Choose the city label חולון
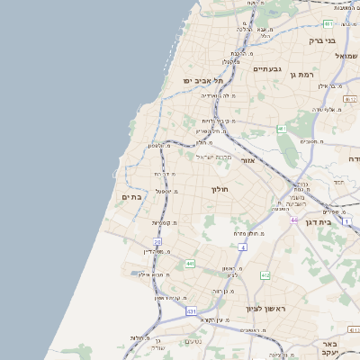click(x=220, y=190)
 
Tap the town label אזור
click(x=249, y=160)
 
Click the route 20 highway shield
click(x=157, y=242)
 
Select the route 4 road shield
click(x=242, y=247)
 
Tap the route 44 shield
click(x=293, y=220)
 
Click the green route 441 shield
click(x=190, y=263)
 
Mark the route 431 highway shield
click(x=191, y=310)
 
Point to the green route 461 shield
click(x=281, y=130)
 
